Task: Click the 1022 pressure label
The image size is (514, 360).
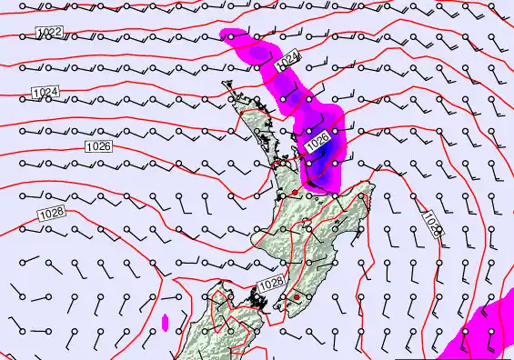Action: (50, 33)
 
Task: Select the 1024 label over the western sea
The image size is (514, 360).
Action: (45, 92)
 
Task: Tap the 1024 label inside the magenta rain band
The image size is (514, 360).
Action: (287, 60)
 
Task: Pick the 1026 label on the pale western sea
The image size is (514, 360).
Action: (98, 146)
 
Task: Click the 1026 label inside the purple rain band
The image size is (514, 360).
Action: (317, 141)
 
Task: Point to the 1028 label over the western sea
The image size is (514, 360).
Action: (52, 213)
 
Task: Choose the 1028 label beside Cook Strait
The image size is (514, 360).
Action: (270, 285)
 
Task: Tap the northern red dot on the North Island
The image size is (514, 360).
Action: (295, 194)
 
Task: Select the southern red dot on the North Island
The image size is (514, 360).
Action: (297, 297)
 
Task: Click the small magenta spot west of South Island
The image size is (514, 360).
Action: (165, 321)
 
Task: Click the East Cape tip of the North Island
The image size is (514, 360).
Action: (372, 187)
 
